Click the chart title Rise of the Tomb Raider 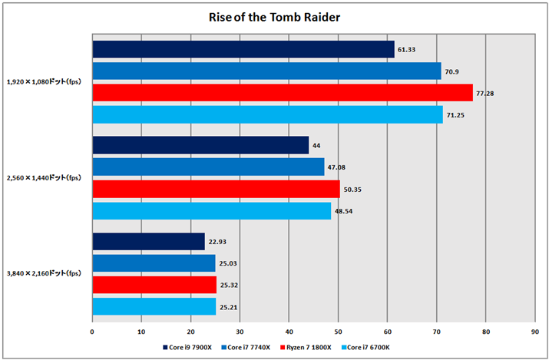(274, 16)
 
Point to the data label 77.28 (485, 93)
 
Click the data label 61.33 (407, 50)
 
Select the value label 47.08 (337, 167)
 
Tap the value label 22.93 (217, 242)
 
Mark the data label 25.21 (229, 306)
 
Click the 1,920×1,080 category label (45, 81)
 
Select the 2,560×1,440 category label (45, 177)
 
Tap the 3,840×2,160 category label (45, 273)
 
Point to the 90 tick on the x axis (534, 332)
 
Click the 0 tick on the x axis (92, 332)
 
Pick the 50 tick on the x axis (338, 332)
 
